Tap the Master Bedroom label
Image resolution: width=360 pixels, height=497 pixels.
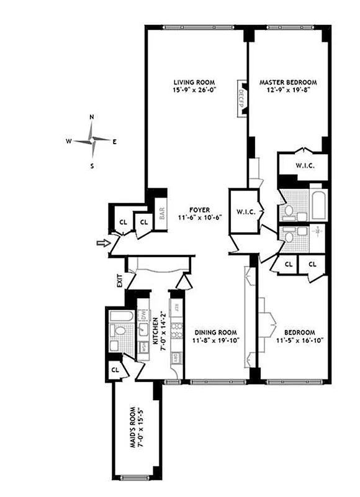(x=288, y=82)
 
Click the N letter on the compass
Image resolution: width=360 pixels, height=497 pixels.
(x=92, y=117)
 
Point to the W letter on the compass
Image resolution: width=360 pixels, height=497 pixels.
(x=69, y=141)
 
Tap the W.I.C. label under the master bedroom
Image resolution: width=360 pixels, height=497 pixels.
(x=303, y=165)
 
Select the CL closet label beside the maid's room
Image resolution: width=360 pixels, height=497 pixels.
(x=115, y=370)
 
